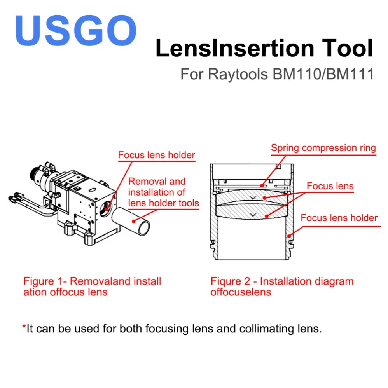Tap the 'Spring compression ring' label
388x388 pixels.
(323, 148)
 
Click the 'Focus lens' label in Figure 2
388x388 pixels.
(330, 186)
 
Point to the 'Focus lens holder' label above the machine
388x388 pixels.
(156, 156)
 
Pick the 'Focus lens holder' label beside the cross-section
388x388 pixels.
(339, 218)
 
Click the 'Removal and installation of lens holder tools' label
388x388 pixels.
(163, 192)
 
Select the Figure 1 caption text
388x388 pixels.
(92, 287)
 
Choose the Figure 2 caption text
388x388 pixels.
(282, 287)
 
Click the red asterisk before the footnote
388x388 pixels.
(24, 329)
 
